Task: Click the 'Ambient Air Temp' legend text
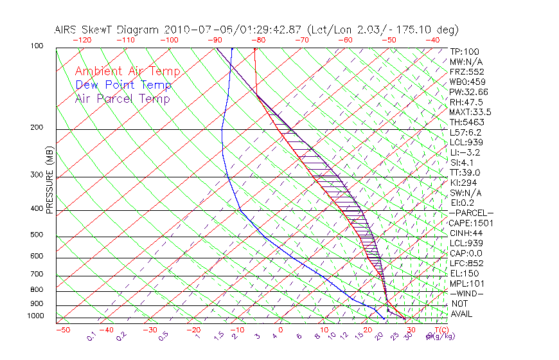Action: (x=127, y=71)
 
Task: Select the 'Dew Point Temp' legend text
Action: (x=123, y=85)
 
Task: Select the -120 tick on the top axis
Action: (x=82, y=40)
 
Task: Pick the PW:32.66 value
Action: (x=469, y=92)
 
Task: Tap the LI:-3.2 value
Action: (x=465, y=152)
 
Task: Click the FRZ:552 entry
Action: (x=466, y=71)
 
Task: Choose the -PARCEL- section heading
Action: (x=471, y=213)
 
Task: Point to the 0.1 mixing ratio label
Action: (x=92, y=335)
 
